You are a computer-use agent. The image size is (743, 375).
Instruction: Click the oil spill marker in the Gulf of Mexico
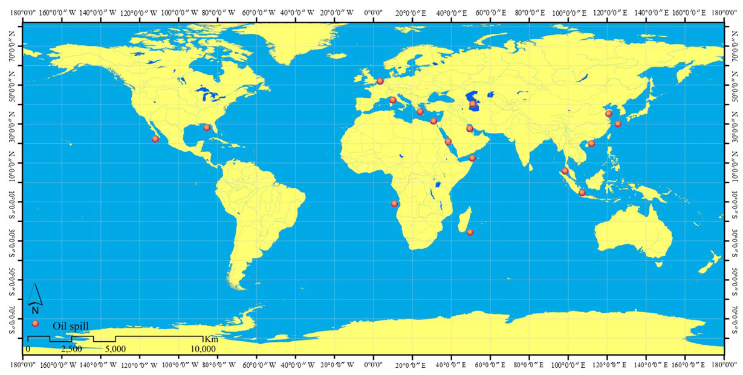click(x=207, y=127)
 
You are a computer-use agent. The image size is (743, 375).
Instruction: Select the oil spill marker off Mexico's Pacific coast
click(x=155, y=139)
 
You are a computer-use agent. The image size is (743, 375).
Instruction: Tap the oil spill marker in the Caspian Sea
click(x=473, y=104)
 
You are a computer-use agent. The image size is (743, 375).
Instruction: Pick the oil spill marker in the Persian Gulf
click(x=470, y=129)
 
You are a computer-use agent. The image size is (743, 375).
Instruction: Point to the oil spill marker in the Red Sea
click(x=448, y=142)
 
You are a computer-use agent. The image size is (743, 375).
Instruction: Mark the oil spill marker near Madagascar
click(x=470, y=232)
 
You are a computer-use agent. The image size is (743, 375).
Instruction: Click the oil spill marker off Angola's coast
click(x=395, y=204)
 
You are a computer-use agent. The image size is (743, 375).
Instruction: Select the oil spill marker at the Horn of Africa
click(x=472, y=158)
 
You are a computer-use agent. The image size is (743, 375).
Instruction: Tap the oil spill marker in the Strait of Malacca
click(x=565, y=171)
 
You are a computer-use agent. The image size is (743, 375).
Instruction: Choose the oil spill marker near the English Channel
click(x=380, y=81)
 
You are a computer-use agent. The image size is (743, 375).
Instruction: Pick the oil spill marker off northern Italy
click(x=393, y=100)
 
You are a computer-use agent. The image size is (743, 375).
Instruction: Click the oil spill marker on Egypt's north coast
click(x=433, y=121)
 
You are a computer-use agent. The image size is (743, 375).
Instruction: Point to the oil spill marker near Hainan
click(x=591, y=143)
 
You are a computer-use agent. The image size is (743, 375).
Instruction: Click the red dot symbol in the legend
click(x=36, y=324)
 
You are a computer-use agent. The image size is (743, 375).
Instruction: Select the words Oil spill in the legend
click(x=71, y=326)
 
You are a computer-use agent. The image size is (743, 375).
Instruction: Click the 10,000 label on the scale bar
click(x=204, y=349)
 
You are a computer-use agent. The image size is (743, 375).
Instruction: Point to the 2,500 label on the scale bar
click(x=71, y=349)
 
